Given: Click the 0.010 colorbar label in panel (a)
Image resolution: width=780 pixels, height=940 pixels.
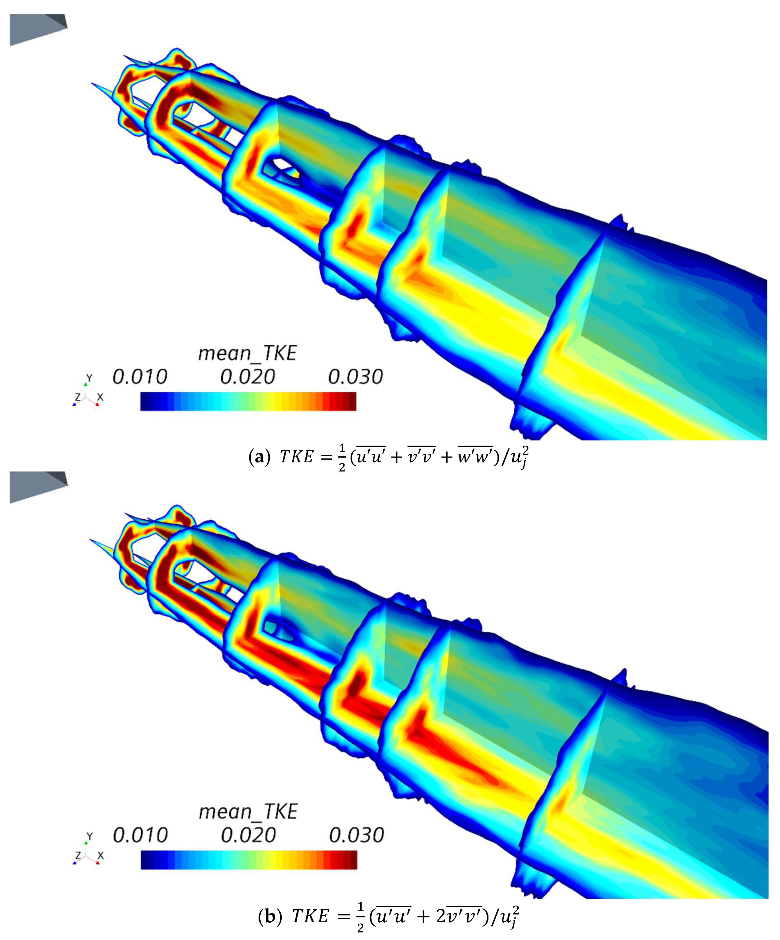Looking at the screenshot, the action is [140, 377].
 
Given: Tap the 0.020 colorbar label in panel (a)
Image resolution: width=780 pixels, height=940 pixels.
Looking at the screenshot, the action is [247, 377].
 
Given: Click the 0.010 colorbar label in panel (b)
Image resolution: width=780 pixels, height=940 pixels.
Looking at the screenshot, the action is [140, 835].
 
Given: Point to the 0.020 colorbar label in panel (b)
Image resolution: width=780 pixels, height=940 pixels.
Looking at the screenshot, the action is [248, 835].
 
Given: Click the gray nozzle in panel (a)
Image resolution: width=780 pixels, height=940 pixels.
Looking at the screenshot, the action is [36, 29].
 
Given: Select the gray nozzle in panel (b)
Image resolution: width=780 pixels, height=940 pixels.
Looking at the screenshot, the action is [36, 487].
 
